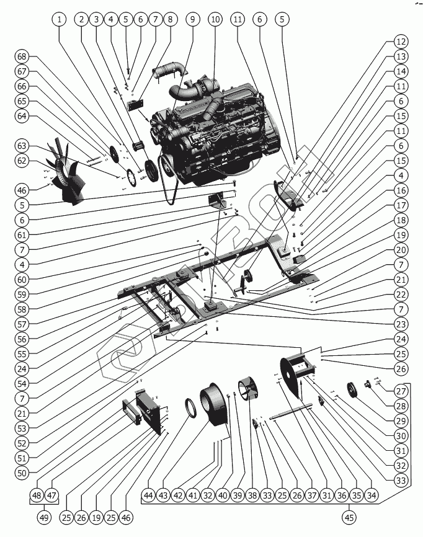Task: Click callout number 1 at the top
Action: (x=60, y=19)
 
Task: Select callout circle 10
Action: (x=215, y=19)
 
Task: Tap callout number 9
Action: (x=192, y=19)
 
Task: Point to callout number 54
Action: (x=22, y=383)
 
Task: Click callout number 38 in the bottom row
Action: (x=252, y=495)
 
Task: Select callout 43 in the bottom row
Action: (x=163, y=495)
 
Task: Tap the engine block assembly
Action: (x=214, y=133)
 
